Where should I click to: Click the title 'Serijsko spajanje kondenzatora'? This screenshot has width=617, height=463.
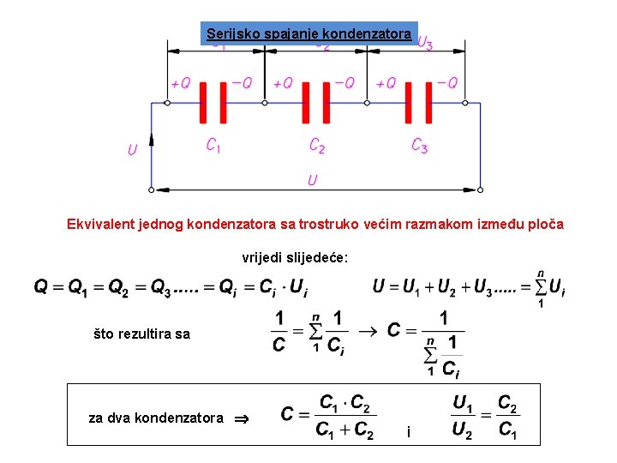click(x=308, y=34)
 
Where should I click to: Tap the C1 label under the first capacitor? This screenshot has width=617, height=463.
click(x=213, y=146)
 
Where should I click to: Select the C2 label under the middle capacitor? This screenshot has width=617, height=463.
click(x=317, y=146)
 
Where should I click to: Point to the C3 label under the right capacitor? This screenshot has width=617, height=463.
click(x=419, y=146)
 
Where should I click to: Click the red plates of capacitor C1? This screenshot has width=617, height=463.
click(x=213, y=103)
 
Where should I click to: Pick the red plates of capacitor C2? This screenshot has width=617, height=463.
click(x=316, y=103)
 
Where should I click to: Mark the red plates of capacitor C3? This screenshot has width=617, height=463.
click(x=419, y=103)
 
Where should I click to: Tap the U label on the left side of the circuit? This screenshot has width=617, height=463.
click(x=132, y=151)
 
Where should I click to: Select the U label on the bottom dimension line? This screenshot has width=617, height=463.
click(x=313, y=180)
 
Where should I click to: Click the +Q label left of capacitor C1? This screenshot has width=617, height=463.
click(x=180, y=84)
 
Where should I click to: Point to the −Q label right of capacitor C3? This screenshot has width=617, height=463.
click(x=447, y=83)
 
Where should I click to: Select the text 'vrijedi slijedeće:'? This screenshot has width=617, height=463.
click(x=295, y=257)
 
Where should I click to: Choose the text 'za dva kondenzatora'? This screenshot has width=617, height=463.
click(x=156, y=418)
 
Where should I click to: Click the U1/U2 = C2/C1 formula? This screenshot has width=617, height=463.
click(x=484, y=415)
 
